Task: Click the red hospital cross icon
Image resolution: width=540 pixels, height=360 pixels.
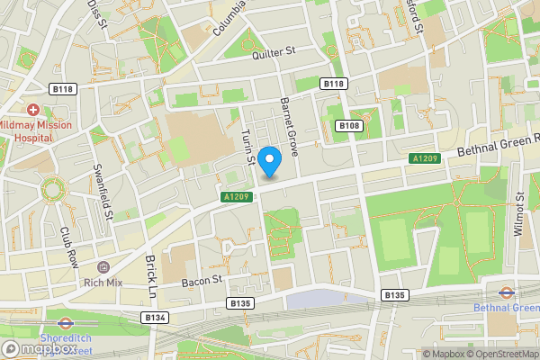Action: [x=33, y=108]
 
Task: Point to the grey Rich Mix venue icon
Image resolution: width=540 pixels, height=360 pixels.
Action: [x=103, y=267]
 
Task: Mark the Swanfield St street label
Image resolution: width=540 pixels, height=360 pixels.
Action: [x=103, y=190]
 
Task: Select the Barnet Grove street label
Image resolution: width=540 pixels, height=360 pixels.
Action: [x=290, y=125]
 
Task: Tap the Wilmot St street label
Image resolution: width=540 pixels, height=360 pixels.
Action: [x=518, y=213]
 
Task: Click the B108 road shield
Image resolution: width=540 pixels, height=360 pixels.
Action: [x=349, y=125]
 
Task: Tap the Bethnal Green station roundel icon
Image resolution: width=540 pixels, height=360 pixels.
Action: [x=507, y=292]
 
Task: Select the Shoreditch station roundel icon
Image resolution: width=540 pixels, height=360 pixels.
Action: [x=65, y=322]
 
